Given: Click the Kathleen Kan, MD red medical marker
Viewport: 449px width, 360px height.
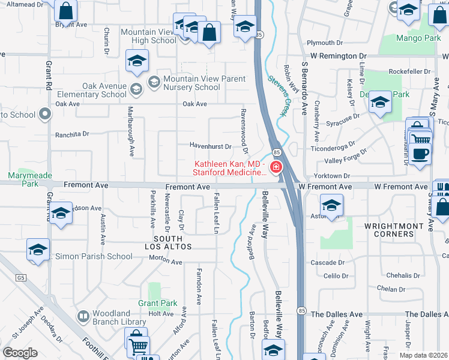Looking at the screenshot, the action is coord(276,167).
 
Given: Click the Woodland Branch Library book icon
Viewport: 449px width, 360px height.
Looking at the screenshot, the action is coord(83,316).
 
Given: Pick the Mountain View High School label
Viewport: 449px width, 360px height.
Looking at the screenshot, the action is coord(148,36).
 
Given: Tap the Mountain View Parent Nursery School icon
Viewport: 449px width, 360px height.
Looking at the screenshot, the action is coord(153,81).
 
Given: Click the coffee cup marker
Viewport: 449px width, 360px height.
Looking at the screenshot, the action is coord(421,152).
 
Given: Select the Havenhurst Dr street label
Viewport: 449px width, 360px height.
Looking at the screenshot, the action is coord(211,146).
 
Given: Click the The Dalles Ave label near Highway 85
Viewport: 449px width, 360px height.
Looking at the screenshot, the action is coord(337,314).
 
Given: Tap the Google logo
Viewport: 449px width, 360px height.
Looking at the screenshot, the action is coord(20,352).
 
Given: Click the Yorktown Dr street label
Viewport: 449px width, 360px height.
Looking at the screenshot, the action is coord(337,176).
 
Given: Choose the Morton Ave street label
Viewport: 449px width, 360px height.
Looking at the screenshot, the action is coord(166,262).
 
